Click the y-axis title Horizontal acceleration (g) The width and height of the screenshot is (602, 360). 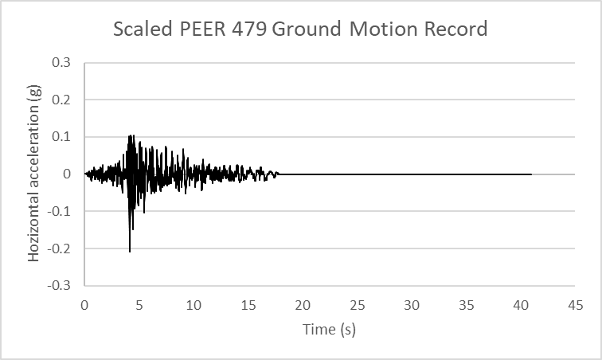(34, 174)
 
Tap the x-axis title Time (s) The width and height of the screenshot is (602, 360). (329, 329)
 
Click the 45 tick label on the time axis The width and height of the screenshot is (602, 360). (575, 304)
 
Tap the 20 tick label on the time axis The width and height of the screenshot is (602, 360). (303, 304)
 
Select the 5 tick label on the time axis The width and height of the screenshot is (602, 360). (139, 304)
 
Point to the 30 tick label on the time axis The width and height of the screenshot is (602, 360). (412, 304)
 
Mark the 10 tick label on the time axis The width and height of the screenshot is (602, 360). (193, 304)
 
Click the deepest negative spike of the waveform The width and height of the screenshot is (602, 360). (130, 251)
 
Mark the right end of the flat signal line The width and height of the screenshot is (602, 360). (531, 174)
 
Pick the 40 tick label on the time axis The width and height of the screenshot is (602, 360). (521, 304)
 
